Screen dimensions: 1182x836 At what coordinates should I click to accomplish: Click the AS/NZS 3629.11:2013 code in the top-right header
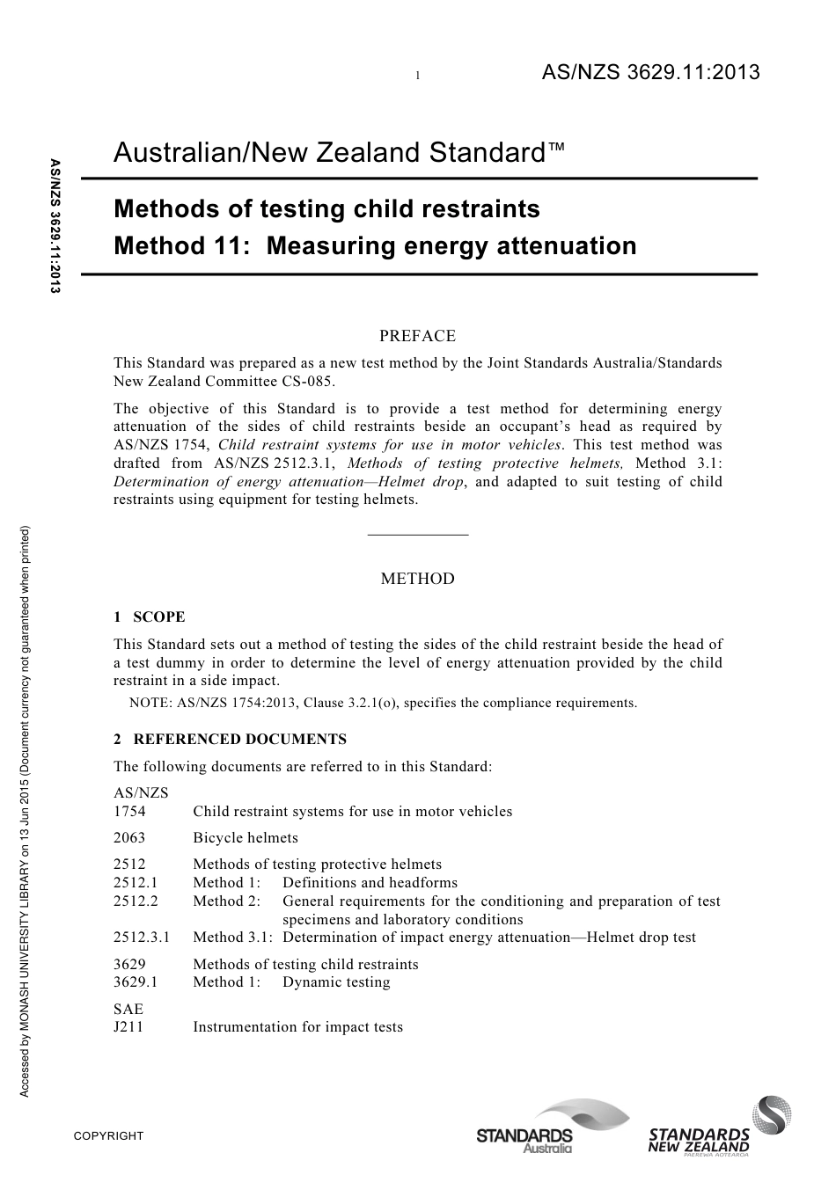coord(649,73)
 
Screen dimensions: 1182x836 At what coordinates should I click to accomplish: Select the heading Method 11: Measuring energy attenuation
coord(375,245)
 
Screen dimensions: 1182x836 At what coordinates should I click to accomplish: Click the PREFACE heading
coord(417,336)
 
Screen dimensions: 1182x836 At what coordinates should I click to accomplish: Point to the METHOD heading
coord(417,579)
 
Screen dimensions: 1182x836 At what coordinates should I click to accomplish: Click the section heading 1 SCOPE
coord(150,617)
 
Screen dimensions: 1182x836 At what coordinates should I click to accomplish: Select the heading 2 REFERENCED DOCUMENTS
coord(230,740)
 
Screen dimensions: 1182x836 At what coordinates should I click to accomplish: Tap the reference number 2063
coord(129,838)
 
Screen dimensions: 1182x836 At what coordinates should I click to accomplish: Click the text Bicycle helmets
coord(246,838)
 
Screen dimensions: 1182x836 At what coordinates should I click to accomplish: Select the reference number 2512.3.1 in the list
coord(142,938)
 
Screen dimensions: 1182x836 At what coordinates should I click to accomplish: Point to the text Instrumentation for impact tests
coord(297,1027)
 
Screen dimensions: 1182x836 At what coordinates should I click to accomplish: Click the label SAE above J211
coord(128,1009)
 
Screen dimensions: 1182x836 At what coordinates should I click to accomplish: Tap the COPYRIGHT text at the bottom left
coord(108,1136)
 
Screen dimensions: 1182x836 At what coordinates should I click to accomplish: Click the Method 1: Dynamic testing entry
coord(291,982)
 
